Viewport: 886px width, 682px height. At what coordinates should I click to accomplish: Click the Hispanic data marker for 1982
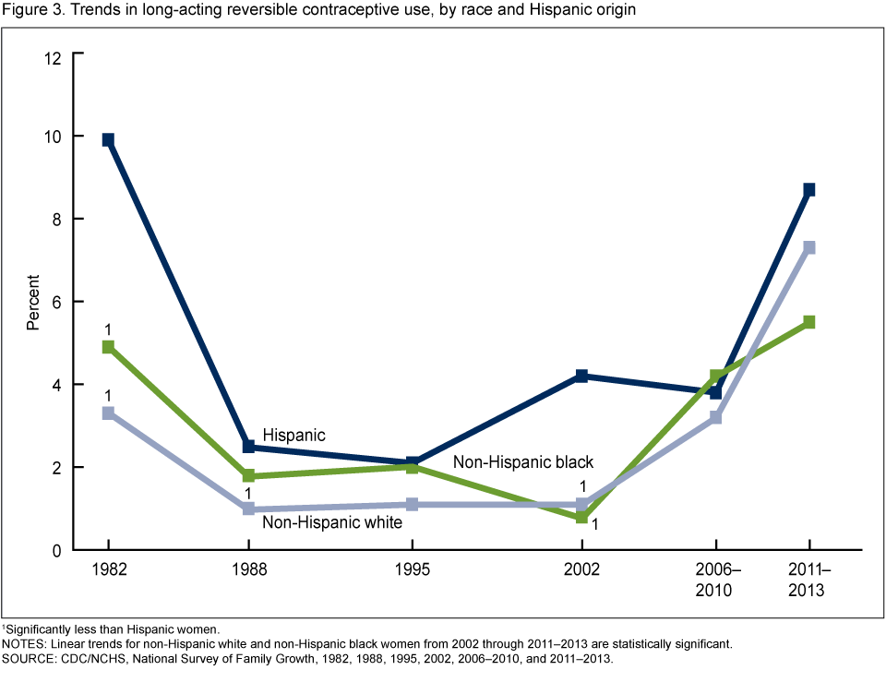[108, 139]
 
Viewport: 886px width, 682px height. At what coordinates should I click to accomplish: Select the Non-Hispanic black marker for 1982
[108, 347]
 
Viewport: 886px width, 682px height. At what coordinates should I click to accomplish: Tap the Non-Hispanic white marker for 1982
[108, 413]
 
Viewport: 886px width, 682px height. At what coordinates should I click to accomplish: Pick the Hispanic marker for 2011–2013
[809, 189]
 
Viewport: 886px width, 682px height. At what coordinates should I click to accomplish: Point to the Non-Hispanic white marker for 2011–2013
[809, 247]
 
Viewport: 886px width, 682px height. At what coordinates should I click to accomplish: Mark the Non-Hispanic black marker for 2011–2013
[809, 322]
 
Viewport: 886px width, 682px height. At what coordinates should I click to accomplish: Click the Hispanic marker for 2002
[581, 376]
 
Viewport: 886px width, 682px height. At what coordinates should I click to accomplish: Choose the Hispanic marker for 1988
[248, 447]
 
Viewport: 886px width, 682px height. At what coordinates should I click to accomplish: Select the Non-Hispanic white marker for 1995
[412, 504]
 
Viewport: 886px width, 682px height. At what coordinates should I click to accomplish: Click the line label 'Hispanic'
[293, 434]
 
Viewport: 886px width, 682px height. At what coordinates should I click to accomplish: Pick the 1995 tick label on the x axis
[412, 570]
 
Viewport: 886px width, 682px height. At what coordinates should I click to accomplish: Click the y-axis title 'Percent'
[33, 302]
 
